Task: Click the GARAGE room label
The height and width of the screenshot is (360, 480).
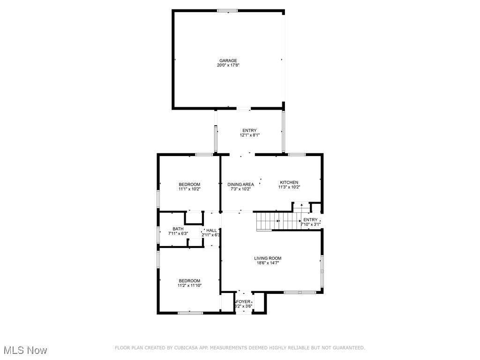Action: point(228,60)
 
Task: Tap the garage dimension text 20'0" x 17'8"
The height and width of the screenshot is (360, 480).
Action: point(228,66)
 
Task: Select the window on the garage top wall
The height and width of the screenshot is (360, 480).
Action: point(227,10)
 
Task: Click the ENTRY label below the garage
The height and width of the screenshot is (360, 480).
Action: point(249,130)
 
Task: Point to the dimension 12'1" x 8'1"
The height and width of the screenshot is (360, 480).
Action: point(249,135)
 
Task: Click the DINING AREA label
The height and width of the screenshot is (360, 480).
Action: point(240,184)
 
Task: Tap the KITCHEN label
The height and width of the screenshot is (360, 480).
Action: point(289,182)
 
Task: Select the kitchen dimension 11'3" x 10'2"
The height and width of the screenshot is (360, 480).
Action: point(289,187)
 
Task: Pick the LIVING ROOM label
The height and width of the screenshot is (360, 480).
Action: point(268,258)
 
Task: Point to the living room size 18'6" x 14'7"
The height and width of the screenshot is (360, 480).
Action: point(268,263)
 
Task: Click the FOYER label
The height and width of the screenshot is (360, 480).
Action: point(243,301)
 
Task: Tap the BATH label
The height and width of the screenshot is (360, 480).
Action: point(178,229)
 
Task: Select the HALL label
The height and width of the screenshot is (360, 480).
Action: point(212,230)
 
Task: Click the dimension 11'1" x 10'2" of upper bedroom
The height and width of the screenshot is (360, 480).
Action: point(189,189)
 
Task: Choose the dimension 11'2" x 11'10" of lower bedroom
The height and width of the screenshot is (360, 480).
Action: point(189,285)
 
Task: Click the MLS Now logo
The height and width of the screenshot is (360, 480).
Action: point(25,350)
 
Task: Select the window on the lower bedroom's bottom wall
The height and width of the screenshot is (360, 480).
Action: point(190,313)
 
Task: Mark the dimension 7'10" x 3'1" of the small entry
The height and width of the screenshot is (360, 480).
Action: point(310,225)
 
